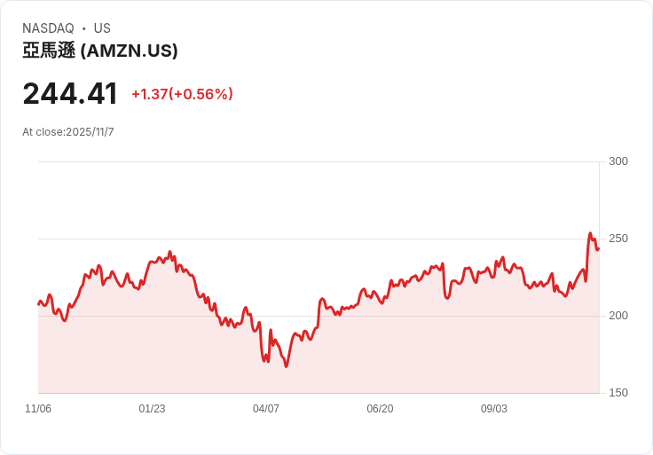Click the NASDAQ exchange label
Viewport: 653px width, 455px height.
(48, 28)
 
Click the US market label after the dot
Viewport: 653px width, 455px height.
(102, 28)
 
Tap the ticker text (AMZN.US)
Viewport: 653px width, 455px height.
(130, 51)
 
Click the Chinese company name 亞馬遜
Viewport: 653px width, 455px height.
(49, 51)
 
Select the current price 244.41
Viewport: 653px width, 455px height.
(70, 94)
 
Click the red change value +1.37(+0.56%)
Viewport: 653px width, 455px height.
(182, 94)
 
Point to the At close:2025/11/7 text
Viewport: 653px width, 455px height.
(68, 132)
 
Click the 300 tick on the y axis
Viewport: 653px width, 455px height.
(618, 161)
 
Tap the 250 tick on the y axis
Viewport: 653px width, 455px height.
(618, 239)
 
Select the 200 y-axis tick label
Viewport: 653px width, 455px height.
(618, 316)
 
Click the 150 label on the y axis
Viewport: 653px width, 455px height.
(618, 393)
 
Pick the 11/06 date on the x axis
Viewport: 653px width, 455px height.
(38, 409)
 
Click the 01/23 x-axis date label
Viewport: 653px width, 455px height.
(152, 409)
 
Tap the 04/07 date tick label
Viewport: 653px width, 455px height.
(266, 409)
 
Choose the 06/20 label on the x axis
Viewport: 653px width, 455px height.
(380, 409)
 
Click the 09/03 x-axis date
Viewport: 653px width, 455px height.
(494, 409)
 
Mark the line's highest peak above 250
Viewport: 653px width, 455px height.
(590, 233)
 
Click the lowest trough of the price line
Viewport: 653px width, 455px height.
(286, 366)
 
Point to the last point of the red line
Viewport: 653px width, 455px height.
(598, 249)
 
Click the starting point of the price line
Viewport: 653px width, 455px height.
(38, 304)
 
